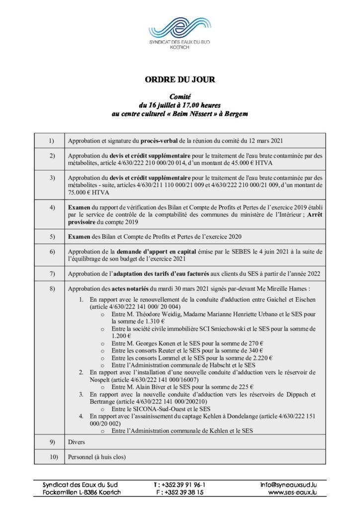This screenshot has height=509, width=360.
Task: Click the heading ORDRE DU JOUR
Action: (x=180, y=80)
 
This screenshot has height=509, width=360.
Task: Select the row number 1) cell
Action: (x=49, y=141)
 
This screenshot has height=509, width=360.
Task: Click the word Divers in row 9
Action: (x=77, y=442)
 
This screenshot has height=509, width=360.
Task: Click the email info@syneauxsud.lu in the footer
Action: (x=289, y=484)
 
